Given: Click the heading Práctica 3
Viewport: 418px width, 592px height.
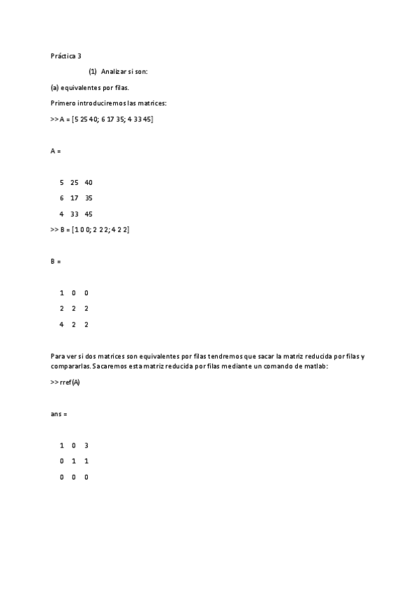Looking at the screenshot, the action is (x=66, y=56).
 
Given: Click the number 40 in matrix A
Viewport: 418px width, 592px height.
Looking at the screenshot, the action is (x=88, y=182).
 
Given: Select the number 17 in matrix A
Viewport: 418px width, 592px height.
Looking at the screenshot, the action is (x=74, y=198).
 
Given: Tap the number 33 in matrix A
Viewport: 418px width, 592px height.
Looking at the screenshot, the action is (x=74, y=214).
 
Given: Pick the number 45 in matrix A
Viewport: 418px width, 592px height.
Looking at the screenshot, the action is (x=88, y=214).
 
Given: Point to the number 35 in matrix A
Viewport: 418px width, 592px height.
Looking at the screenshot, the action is (x=89, y=198).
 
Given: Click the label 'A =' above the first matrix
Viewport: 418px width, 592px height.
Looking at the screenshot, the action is (x=56, y=151).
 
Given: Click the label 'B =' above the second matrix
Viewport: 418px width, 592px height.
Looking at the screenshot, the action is (x=56, y=261).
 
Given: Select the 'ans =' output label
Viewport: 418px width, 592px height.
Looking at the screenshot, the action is (x=59, y=414).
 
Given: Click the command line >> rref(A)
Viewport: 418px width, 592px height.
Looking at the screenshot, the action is (x=65, y=383).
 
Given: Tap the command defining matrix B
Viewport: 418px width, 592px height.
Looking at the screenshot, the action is (x=90, y=230).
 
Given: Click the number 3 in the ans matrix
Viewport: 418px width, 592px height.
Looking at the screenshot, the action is (x=87, y=445).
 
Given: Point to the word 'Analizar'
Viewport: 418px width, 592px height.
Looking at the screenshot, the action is (x=112, y=72).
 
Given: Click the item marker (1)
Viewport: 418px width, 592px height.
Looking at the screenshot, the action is (x=92, y=72).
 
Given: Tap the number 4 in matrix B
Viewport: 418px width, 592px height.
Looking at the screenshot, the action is (x=61, y=324).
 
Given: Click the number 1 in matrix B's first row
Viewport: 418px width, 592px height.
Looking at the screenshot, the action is (x=61, y=293).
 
